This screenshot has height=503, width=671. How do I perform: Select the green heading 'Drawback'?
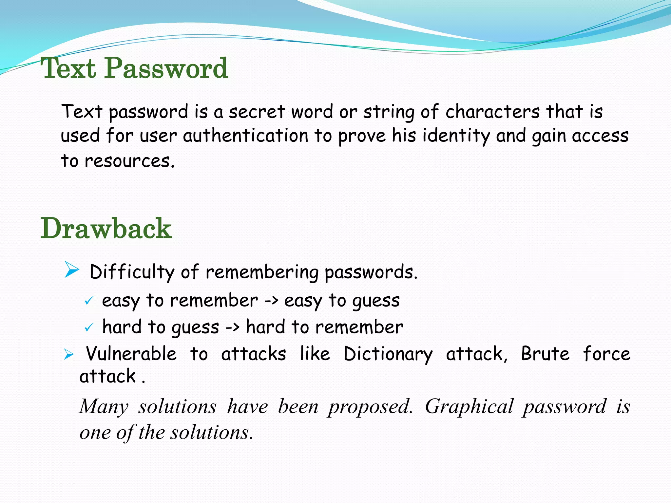coord(106,229)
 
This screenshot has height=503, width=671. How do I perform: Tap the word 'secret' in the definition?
coord(257,112)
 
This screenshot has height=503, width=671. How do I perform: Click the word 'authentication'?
coord(245,136)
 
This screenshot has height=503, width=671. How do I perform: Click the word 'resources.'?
coord(129,161)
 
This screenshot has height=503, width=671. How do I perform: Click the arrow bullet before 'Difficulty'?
coord(72,270)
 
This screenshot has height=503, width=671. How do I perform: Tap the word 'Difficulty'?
coord(132,272)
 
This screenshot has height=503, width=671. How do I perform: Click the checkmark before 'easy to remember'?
coord(89,301)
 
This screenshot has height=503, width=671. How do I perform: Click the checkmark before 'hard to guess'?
coord(89,327)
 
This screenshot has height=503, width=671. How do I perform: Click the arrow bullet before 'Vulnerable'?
coord(69,354)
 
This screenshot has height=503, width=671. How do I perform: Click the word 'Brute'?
coord(545,354)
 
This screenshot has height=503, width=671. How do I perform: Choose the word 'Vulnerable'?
coord(131,354)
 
